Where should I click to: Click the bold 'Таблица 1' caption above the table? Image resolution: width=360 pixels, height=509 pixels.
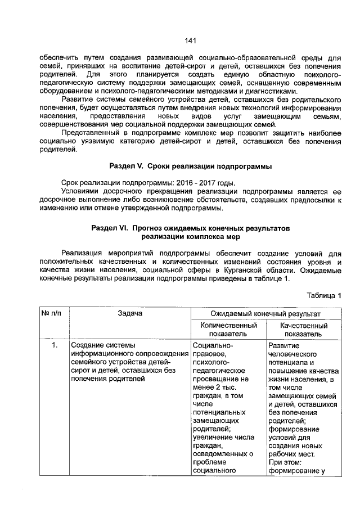pos(323,296)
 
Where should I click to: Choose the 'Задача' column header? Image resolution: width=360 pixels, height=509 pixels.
pos(130,313)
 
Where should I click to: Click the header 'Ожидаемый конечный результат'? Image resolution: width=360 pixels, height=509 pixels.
pos(265,313)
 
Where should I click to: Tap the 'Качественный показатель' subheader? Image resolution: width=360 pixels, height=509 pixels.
pos(304,330)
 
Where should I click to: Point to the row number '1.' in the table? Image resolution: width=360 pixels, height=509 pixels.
pos(55,345)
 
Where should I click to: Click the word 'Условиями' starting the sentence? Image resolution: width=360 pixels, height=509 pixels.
pos(80,192)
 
